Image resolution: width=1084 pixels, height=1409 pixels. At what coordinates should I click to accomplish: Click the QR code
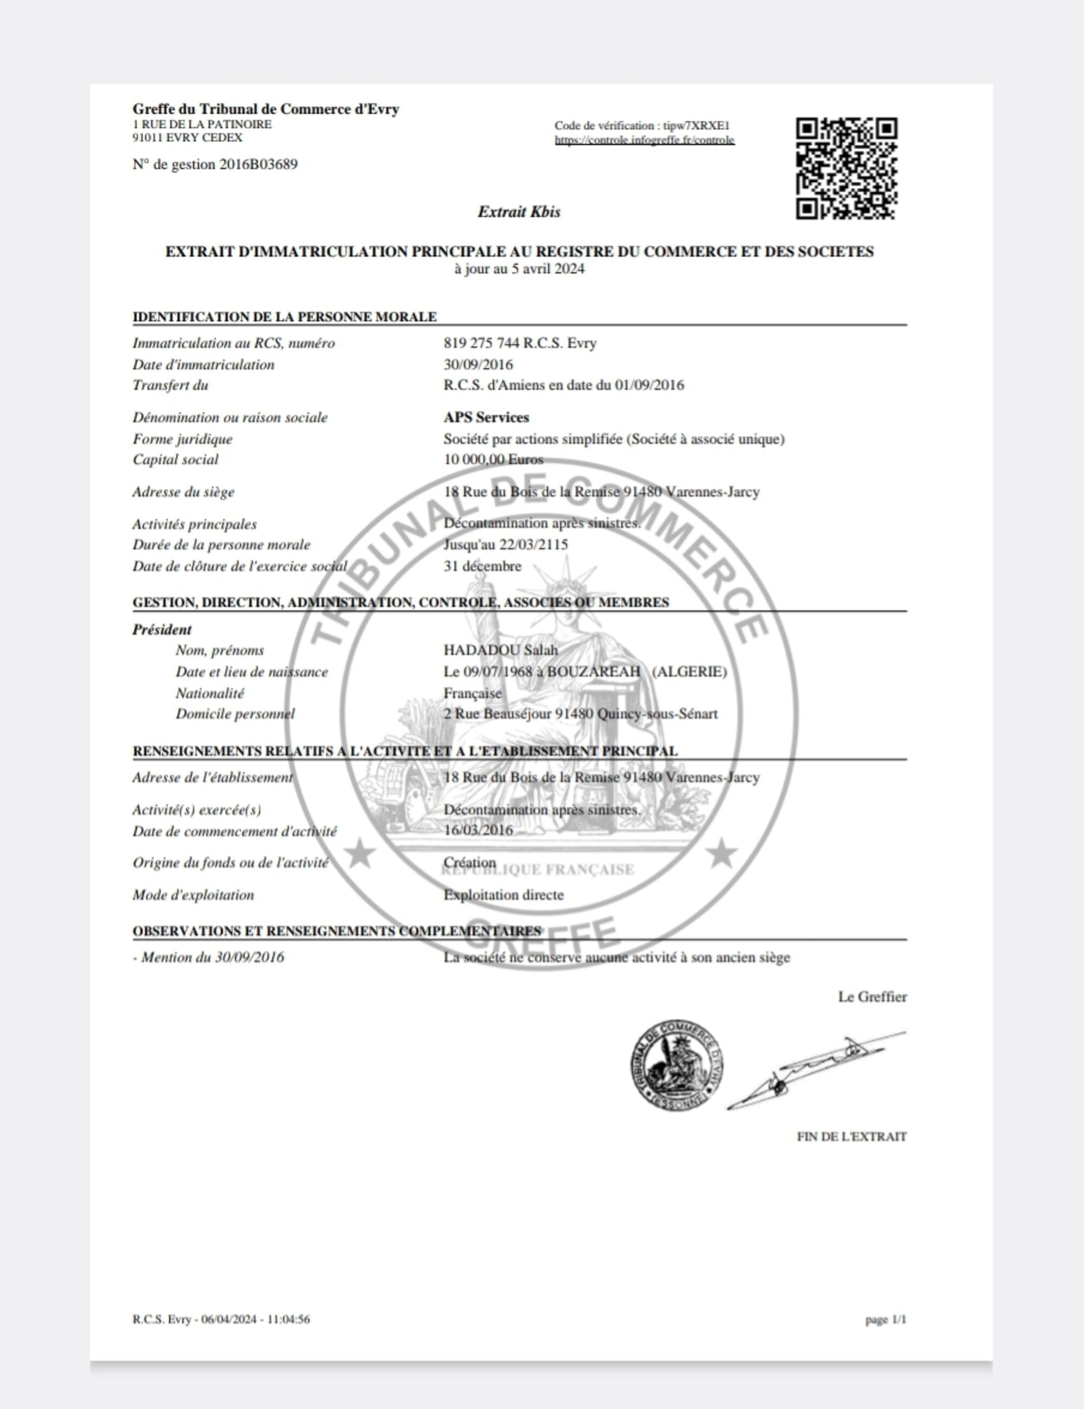click(846, 169)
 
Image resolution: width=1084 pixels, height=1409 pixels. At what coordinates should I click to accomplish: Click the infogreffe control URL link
click(644, 140)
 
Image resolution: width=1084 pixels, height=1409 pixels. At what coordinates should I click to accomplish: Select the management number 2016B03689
click(258, 165)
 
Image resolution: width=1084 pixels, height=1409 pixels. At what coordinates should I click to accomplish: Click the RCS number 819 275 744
click(481, 343)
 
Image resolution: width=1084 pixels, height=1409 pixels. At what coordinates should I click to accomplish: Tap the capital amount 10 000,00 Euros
click(493, 460)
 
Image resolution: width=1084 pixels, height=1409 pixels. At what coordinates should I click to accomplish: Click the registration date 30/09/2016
click(478, 365)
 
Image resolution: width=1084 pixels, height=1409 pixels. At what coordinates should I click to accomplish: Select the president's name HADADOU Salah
click(501, 650)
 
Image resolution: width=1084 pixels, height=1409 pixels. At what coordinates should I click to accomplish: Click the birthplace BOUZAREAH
click(593, 671)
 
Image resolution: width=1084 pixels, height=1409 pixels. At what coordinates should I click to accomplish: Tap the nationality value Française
click(472, 694)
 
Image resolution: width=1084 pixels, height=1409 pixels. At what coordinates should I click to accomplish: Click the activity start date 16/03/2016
click(478, 830)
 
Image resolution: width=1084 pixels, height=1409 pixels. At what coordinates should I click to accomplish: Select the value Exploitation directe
click(504, 895)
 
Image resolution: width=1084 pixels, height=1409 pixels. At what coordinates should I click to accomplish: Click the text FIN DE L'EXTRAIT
click(851, 1137)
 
